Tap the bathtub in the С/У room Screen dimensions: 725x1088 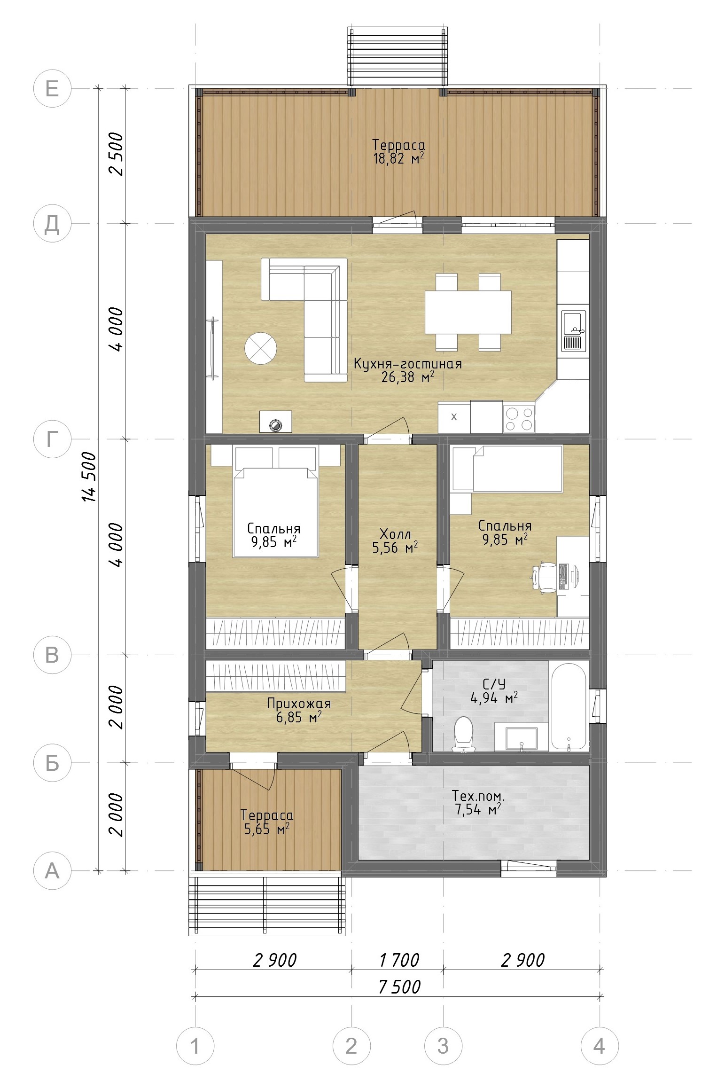pyautogui.click(x=568, y=706)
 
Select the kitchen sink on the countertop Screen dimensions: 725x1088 pyautogui.click(x=573, y=331)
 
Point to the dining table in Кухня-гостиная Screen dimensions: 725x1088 pyautogui.click(x=468, y=312)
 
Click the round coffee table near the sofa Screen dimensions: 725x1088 pyautogui.click(x=261, y=348)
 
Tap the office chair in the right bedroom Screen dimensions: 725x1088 pyautogui.click(x=545, y=577)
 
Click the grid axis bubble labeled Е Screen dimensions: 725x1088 pyautogui.click(x=52, y=88)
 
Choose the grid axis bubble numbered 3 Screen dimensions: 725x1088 pyautogui.click(x=443, y=1046)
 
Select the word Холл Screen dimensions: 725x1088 pyautogui.click(x=395, y=534)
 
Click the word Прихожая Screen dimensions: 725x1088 pyautogui.click(x=299, y=704)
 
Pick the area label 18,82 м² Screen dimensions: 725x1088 pyautogui.click(x=398, y=158)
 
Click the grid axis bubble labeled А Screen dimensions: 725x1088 pyautogui.click(x=52, y=871)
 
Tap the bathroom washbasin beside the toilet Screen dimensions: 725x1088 pyautogui.click(x=522, y=739)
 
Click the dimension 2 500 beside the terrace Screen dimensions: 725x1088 pyautogui.click(x=116, y=154)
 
